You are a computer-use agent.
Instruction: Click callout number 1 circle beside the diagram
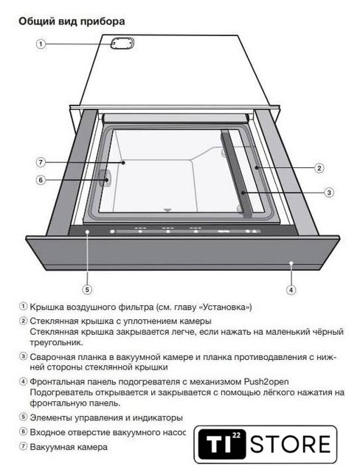41,44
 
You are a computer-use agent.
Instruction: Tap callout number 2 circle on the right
319,167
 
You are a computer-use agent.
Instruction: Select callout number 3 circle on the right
329,192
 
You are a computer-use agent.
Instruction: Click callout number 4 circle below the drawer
291,290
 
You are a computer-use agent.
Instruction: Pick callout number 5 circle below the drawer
87,290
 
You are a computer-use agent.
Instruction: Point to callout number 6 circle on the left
41,180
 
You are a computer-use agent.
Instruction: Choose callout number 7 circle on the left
41,162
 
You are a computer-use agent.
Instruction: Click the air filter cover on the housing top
122,44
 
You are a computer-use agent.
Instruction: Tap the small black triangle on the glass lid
167,210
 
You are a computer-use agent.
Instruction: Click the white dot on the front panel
291,263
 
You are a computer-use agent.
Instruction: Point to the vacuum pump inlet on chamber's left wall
105,178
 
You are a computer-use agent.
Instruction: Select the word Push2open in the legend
266,382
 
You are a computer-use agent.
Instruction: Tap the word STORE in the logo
291,444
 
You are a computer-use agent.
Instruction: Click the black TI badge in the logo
221,444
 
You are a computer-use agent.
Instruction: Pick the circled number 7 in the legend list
23,446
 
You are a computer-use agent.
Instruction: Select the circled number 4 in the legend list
23,381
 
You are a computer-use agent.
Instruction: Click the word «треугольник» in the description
56,342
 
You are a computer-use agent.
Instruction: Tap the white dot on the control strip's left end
87,232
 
